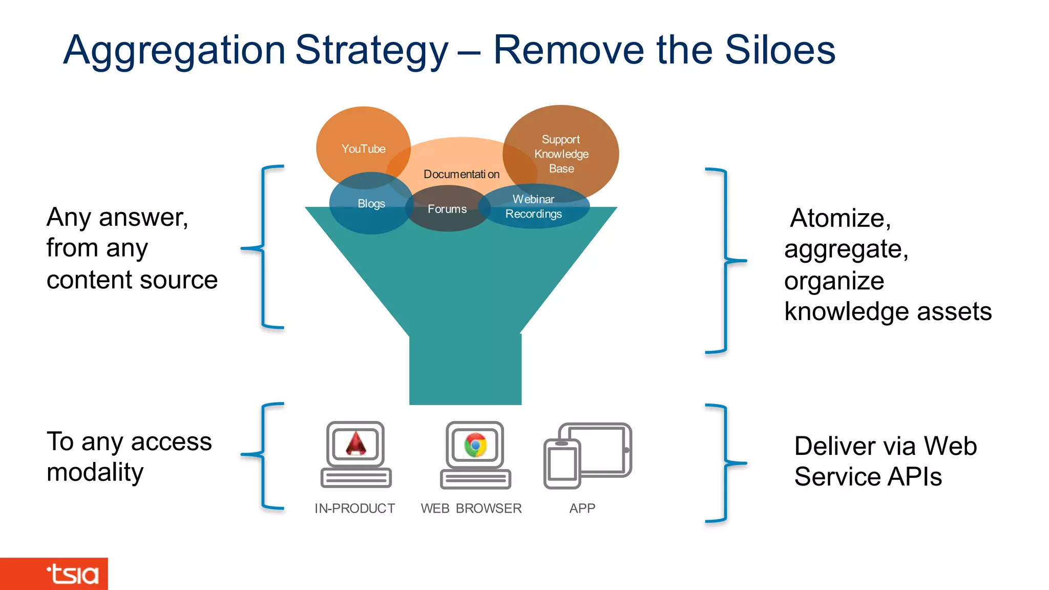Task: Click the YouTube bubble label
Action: click(363, 149)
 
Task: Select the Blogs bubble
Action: click(371, 204)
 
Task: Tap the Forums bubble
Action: click(447, 209)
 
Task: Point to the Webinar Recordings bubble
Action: click(534, 206)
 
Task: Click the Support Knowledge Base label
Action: click(561, 154)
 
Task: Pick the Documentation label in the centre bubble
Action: click(461, 174)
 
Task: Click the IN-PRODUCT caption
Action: click(354, 508)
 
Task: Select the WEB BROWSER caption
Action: click(471, 508)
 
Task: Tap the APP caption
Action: click(582, 508)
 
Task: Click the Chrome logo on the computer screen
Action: click(475, 445)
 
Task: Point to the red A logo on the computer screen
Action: click(356, 444)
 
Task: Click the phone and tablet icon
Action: click(588, 455)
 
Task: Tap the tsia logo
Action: click(72, 574)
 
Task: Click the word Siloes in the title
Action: click(780, 50)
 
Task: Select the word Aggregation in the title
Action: click(174, 50)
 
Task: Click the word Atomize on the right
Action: click(840, 218)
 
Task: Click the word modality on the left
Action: click(95, 472)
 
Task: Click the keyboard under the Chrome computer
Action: click(475, 479)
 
